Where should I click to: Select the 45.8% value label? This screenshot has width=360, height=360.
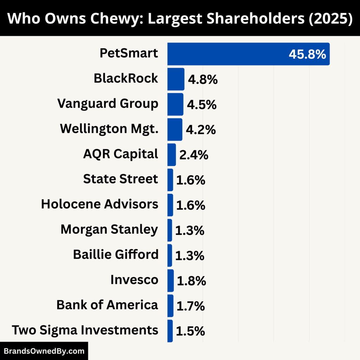(307, 54)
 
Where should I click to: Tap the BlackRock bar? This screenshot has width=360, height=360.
(175, 79)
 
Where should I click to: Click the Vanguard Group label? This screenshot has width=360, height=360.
(108, 104)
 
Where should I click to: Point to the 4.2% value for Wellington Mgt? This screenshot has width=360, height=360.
(200, 130)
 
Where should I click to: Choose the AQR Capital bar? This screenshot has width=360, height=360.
(172, 155)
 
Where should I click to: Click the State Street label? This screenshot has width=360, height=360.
(121, 179)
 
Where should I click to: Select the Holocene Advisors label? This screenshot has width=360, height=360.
(99, 204)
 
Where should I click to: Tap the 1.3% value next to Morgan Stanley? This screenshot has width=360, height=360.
(189, 230)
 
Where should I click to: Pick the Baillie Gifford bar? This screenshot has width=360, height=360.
(170, 255)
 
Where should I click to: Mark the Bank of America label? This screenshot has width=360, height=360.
(107, 305)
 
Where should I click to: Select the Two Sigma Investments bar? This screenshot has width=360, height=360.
(170, 331)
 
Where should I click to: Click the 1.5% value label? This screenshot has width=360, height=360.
(190, 331)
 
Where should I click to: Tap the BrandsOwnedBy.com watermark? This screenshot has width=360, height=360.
(44, 351)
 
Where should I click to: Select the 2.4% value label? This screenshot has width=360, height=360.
(194, 155)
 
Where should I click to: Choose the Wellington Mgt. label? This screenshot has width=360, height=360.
(109, 129)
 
